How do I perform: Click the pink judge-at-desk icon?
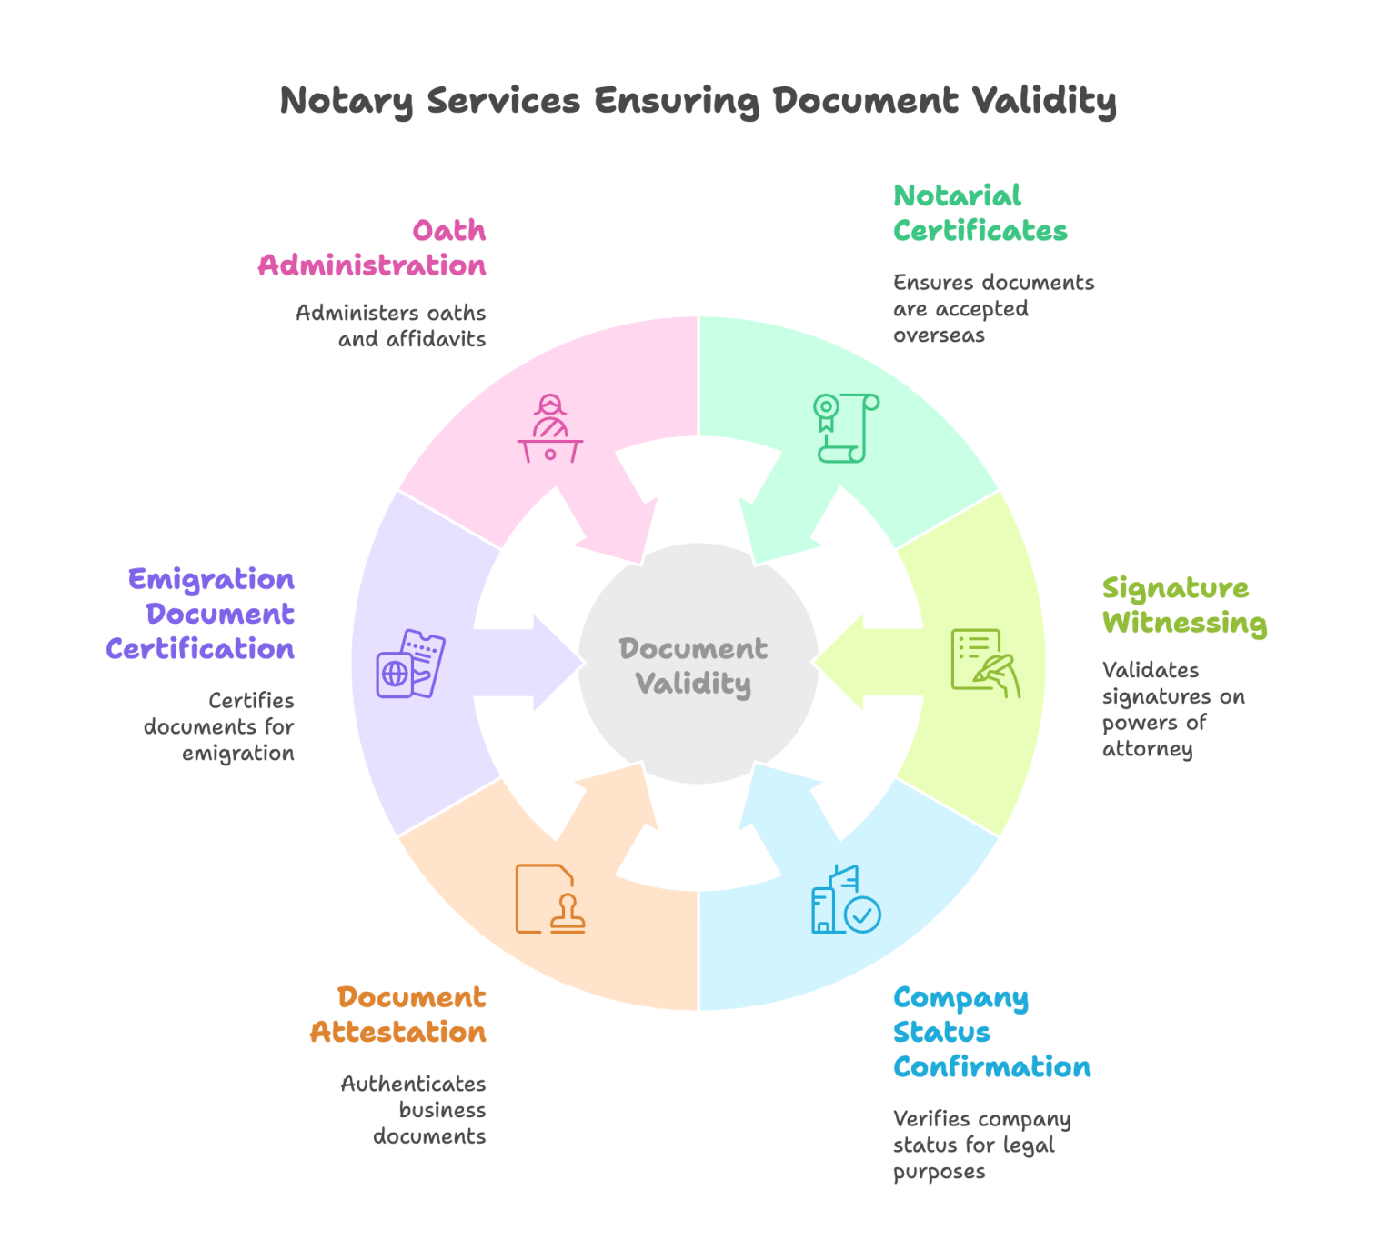[550, 428]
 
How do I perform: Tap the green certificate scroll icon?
[846, 428]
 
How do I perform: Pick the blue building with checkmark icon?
[846, 899]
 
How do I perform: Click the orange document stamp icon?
[550, 899]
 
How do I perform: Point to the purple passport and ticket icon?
[411, 664]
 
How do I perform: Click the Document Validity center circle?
[698, 665]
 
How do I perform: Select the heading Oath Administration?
[373, 248]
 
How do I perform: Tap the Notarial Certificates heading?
[980, 213]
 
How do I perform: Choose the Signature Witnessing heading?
[1183, 605]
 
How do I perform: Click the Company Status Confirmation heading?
[990, 1032]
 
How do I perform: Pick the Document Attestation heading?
[398, 1015]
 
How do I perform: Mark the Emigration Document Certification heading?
[202, 614]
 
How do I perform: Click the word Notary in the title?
[347, 100]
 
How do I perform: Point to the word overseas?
[939, 335]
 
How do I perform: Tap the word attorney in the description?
[1147, 749]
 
